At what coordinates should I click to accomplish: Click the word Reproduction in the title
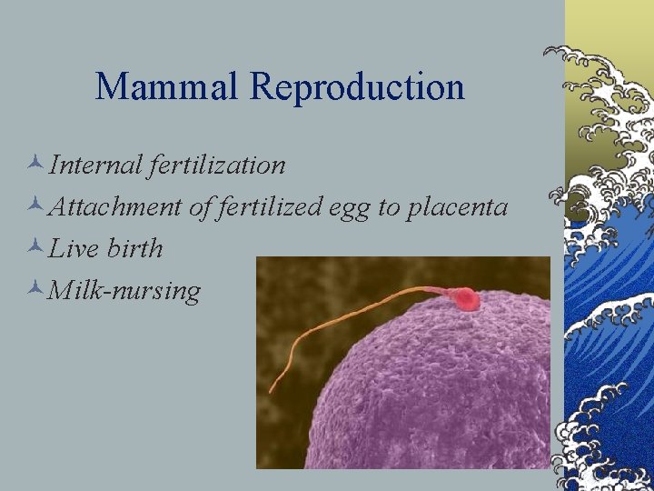point(357,87)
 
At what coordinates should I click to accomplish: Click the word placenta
point(457,207)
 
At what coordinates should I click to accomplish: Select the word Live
point(74,248)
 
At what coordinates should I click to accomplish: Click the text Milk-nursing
point(124,291)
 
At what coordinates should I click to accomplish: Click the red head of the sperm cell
point(465,298)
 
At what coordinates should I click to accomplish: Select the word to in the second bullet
point(389,207)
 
